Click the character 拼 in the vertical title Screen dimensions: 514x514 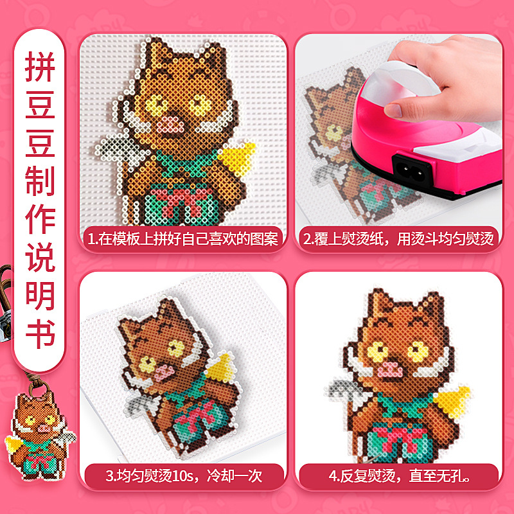[x=40, y=66]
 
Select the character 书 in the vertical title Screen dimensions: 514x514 [x=40, y=333]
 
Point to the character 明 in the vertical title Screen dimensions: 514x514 [x=40, y=296]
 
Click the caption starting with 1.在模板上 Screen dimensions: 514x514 [x=183, y=239]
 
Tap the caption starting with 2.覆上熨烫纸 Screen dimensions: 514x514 [x=398, y=239]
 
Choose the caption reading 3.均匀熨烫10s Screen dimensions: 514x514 [x=184, y=475]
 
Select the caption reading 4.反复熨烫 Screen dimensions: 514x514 [x=399, y=475]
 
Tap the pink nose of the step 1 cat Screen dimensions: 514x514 [x=170, y=125]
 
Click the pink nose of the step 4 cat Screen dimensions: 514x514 [x=390, y=370]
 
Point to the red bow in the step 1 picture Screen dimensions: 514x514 [x=179, y=200]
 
